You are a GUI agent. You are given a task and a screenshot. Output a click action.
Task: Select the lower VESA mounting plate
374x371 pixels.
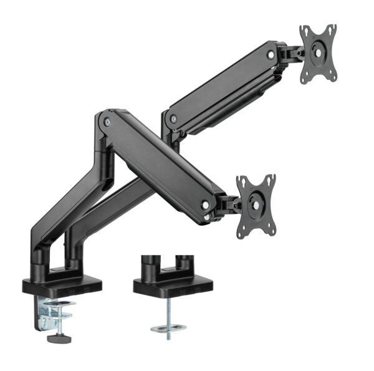tap(256, 205)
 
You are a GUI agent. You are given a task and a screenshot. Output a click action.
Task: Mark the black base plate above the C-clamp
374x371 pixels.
tap(62, 286)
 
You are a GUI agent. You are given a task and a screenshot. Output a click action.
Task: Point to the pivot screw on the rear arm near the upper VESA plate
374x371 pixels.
tap(270, 55)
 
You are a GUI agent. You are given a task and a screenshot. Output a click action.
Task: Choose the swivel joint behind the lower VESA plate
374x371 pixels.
tap(229, 204)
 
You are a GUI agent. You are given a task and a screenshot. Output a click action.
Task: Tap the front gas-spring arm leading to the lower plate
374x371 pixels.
tap(159, 162)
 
